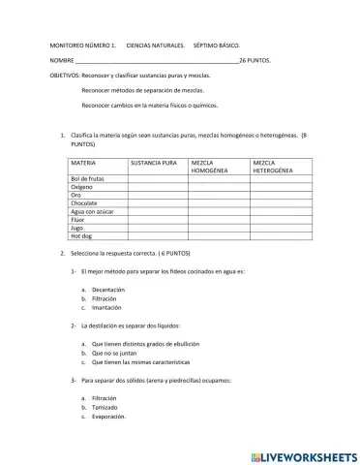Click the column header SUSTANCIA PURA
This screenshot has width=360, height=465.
click(x=154, y=164)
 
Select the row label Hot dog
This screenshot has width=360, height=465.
click(x=80, y=235)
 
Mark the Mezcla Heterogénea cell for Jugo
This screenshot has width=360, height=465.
click(x=281, y=228)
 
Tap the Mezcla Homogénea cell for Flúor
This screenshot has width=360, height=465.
click(x=218, y=220)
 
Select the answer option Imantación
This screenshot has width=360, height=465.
click(x=109, y=307)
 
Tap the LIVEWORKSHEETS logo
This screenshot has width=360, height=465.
click(x=303, y=456)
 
